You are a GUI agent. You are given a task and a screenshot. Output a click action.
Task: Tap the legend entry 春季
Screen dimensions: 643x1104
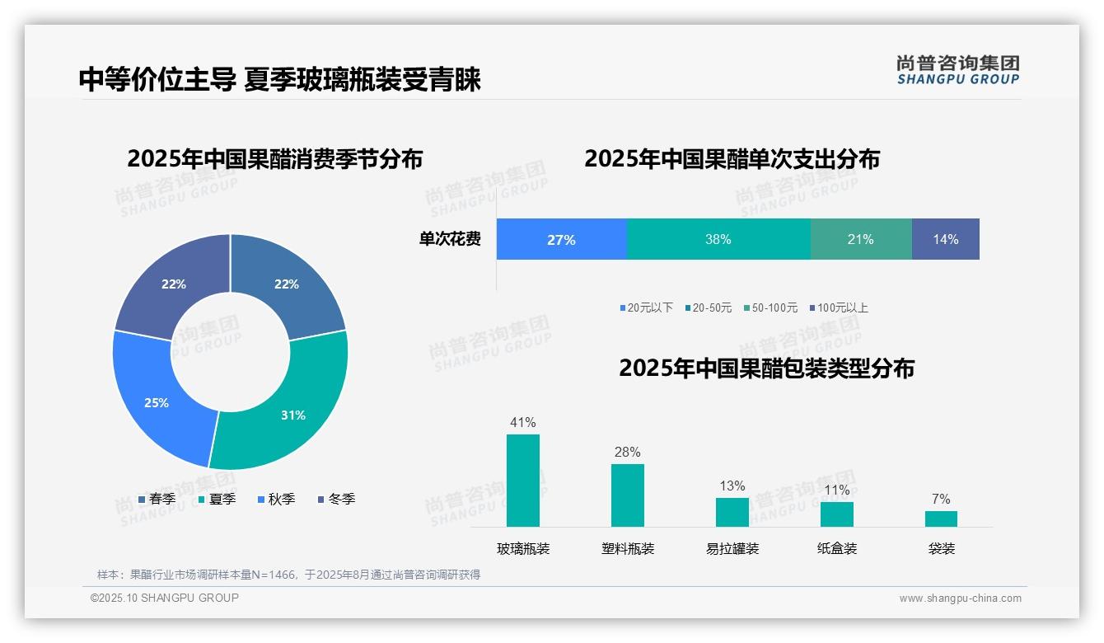[157, 499]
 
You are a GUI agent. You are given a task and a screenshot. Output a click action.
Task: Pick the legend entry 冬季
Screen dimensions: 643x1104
[336, 499]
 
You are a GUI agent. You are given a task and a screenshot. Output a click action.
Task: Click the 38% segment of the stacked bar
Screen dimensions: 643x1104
[718, 239]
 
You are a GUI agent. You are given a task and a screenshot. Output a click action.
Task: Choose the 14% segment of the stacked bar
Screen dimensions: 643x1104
[945, 239]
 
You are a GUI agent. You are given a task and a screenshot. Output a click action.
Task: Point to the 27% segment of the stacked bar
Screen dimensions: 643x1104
[561, 239]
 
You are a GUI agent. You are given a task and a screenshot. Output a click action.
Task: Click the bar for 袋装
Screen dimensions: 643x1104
[941, 519]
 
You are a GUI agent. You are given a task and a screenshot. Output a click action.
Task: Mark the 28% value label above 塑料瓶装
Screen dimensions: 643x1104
[627, 452]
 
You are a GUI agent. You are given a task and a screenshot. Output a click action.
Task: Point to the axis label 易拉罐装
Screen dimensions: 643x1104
[732, 548]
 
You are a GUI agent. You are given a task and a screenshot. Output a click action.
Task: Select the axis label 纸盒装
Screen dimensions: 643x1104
[837, 548]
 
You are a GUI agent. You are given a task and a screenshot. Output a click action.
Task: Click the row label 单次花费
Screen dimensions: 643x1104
[450, 239]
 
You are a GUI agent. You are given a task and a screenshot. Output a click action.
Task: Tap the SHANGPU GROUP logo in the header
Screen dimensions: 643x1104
[957, 70]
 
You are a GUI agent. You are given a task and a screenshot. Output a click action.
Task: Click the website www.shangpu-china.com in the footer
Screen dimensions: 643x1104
[960, 598]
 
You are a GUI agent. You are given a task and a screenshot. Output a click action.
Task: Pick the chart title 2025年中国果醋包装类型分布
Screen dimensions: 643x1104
[766, 368]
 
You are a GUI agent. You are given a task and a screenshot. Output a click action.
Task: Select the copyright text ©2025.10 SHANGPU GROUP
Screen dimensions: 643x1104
[164, 598]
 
